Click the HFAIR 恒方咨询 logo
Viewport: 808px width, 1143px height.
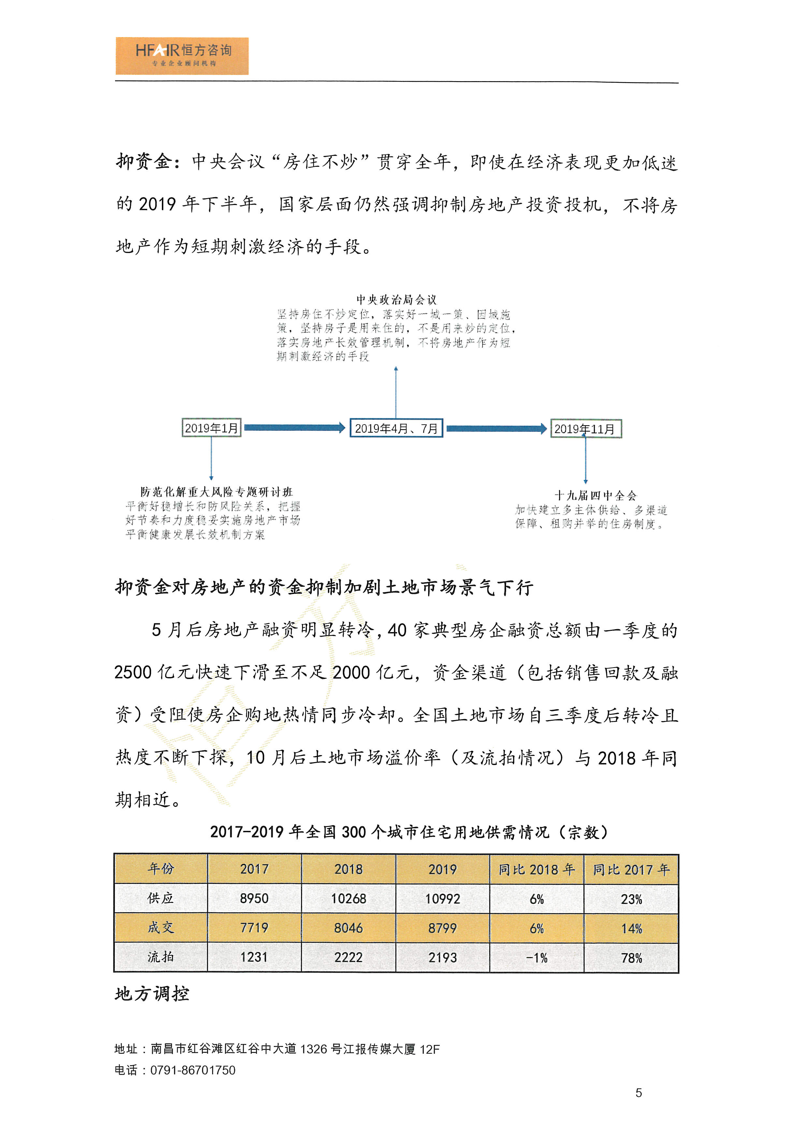[182, 56]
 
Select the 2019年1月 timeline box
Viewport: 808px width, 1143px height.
[211, 428]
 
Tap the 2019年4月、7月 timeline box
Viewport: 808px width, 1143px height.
[396, 428]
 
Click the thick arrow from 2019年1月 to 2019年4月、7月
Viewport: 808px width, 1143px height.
[294, 427]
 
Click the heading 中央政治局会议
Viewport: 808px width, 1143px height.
[396, 300]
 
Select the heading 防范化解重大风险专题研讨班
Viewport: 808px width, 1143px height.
[217, 492]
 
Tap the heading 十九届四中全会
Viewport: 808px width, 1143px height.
[596, 495]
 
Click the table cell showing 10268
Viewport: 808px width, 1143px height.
[349, 899]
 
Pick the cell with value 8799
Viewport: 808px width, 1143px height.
[442, 928]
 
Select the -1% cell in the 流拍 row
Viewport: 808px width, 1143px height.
[537, 957]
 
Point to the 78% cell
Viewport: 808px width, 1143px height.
[631, 957]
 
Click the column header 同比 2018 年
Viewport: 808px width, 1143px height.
[537, 869]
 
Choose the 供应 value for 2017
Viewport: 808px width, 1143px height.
[254, 899]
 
